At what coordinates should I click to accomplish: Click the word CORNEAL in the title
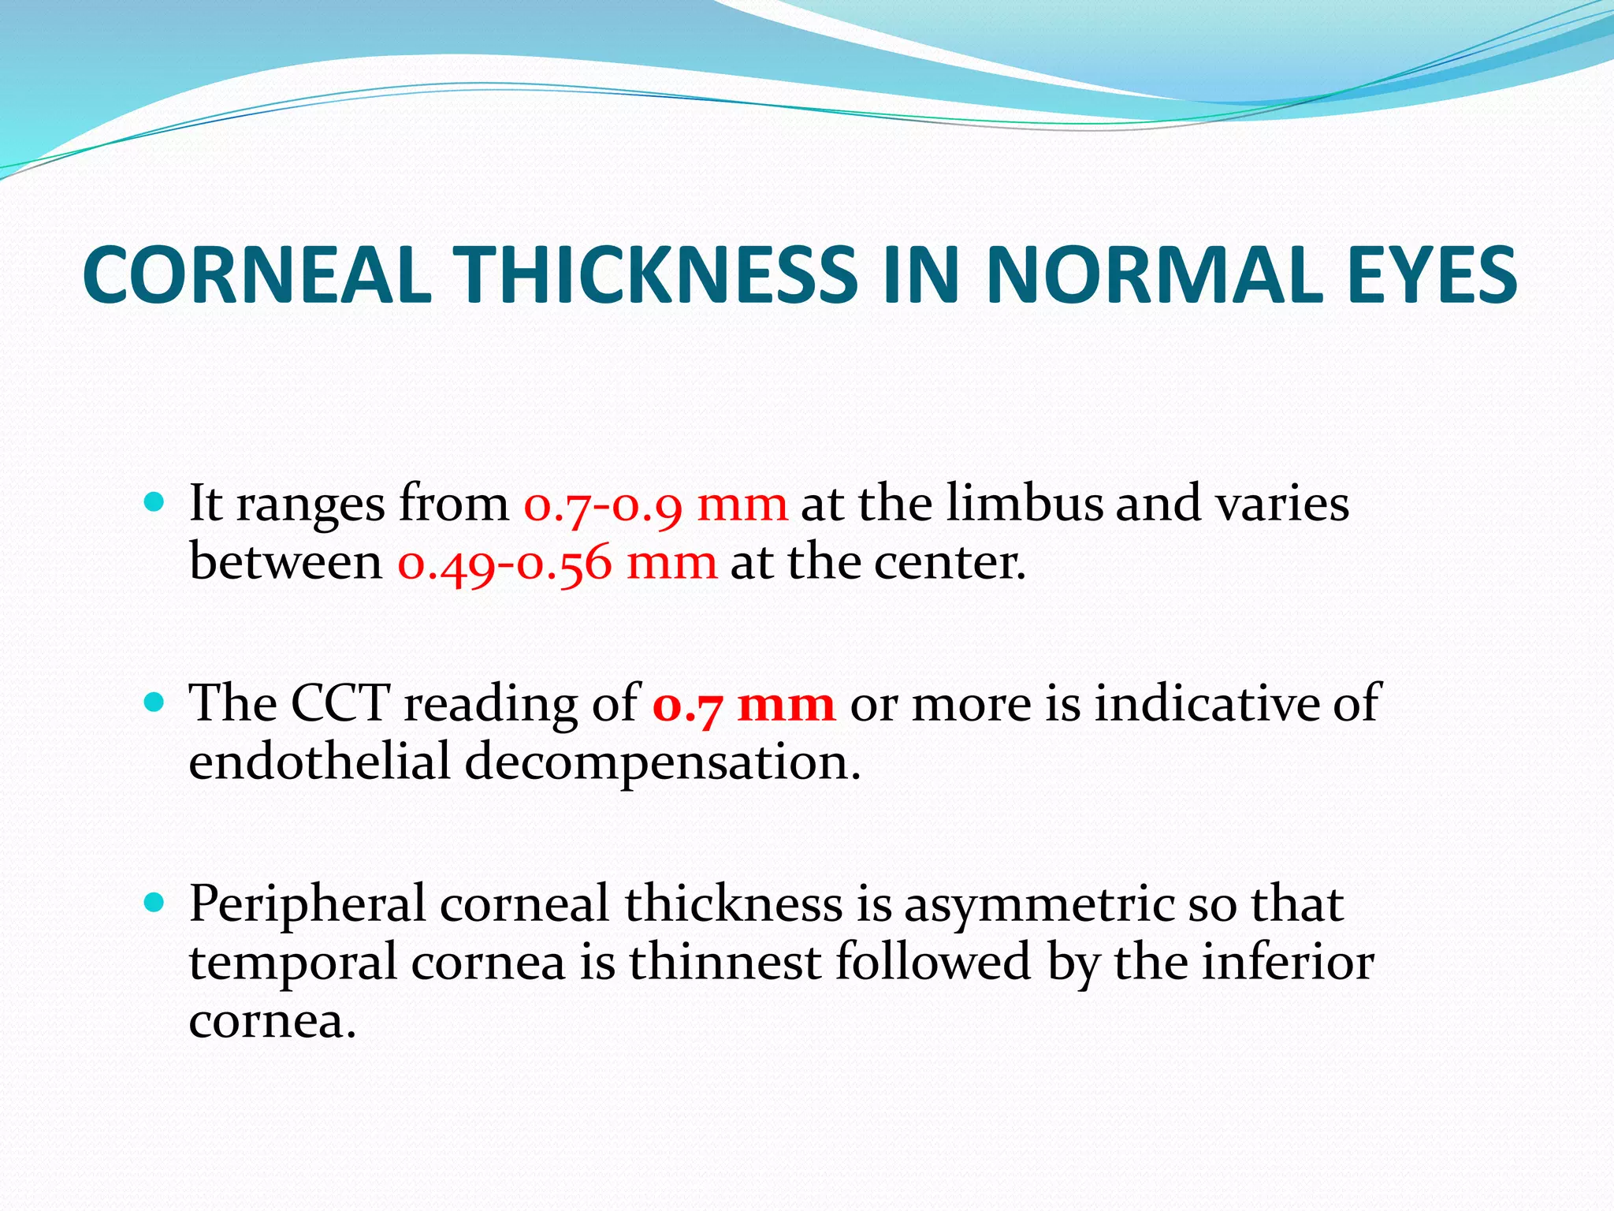[257, 275]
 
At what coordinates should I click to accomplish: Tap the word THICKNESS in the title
[658, 275]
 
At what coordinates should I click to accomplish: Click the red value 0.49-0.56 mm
[557, 564]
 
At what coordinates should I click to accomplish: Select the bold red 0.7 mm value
[743, 704]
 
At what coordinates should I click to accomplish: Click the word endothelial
[319, 762]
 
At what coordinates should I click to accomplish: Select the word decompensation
[662, 763]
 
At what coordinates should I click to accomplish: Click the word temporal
[292, 963]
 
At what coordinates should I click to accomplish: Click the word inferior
[1287, 962]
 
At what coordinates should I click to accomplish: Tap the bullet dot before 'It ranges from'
[154, 501]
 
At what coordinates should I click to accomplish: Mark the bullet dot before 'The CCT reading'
[154, 700]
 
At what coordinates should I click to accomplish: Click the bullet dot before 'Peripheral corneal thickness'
[154, 901]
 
